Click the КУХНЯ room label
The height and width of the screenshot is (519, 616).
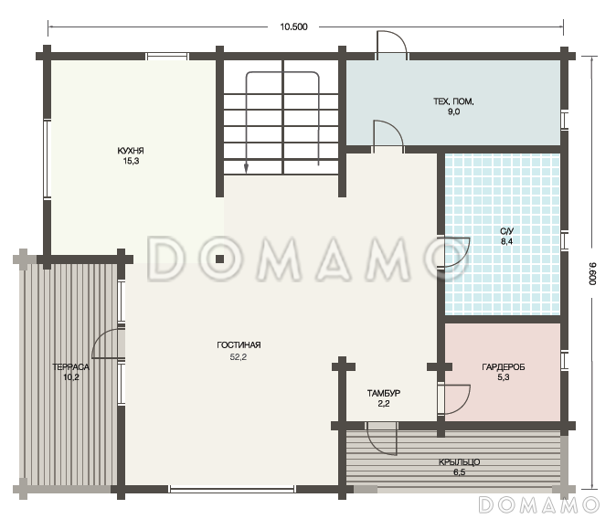[x=131, y=151]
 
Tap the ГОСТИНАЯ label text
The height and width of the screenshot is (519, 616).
[x=239, y=345]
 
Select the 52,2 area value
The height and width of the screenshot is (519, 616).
[x=239, y=357]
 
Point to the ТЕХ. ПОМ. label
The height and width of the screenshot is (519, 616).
[x=453, y=101]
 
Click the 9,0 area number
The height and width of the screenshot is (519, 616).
[x=453, y=111]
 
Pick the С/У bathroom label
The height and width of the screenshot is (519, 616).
[x=507, y=231]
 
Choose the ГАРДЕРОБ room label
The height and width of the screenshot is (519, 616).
[x=504, y=367]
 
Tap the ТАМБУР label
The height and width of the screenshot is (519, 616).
[x=384, y=393]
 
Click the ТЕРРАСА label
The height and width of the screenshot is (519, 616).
[x=70, y=367]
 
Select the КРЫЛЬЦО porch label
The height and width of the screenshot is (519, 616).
[x=459, y=462]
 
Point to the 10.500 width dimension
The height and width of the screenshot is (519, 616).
[x=293, y=26]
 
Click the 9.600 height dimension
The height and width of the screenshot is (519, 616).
[x=593, y=273]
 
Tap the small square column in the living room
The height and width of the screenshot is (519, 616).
[x=219, y=259]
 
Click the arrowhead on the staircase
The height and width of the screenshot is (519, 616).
[x=247, y=168]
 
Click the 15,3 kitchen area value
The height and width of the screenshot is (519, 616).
[x=131, y=161]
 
